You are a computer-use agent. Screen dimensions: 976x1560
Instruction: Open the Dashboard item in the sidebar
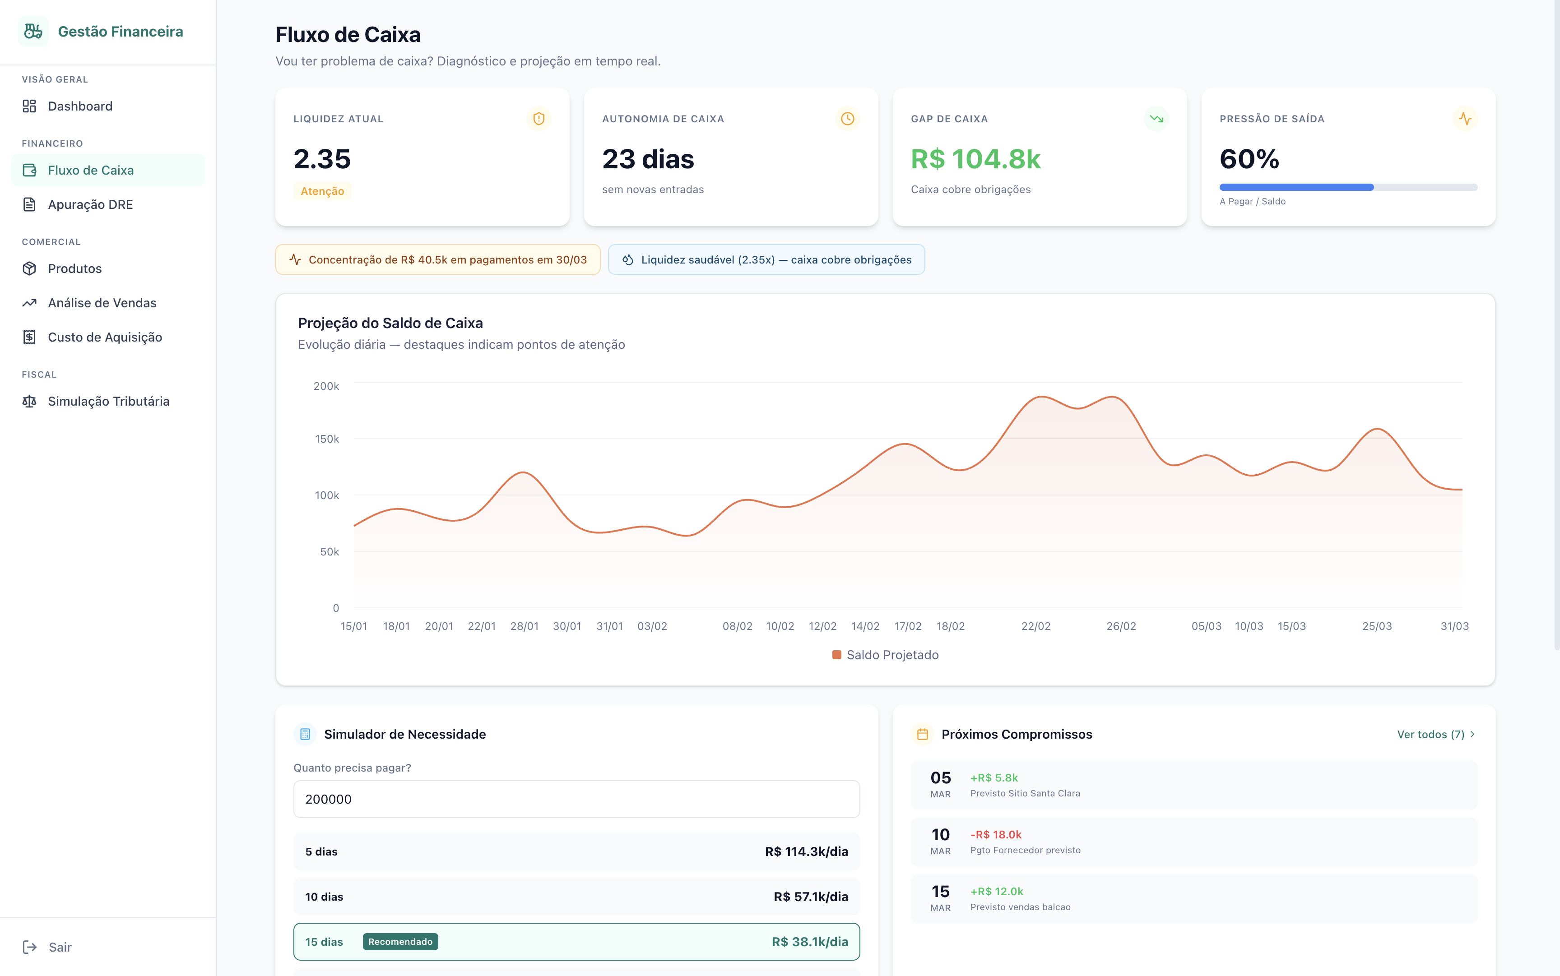[x=79, y=106]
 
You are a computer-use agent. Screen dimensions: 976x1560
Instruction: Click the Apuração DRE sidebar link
[x=90, y=204]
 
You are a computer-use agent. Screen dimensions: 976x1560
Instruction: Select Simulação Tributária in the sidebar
[x=108, y=402]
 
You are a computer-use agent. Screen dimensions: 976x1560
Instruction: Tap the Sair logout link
[x=60, y=947]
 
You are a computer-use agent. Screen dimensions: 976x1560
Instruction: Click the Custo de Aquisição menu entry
[x=105, y=337]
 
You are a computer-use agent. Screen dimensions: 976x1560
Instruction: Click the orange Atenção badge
[x=322, y=191]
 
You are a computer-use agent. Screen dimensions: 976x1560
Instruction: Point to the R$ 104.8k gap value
[x=975, y=159]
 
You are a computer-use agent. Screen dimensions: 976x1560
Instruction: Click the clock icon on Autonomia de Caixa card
[x=847, y=119]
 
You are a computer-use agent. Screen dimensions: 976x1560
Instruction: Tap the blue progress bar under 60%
[x=1296, y=187]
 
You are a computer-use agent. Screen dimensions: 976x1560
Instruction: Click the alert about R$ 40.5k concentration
[x=438, y=259]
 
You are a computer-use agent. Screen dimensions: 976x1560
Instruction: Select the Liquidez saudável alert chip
[x=766, y=259]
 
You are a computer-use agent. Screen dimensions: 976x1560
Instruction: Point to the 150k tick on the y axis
[x=327, y=439]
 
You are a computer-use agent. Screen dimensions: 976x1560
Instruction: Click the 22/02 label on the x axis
[x=1035, y=626]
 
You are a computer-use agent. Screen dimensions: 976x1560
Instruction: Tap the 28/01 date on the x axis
[x=525, y=626]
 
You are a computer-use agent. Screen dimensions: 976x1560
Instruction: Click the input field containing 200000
[x=576, y=799]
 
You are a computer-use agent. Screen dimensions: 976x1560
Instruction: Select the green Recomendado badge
[x=400, y=942]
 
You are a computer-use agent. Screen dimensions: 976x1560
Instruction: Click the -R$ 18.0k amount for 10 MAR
[x=996, y=835]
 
